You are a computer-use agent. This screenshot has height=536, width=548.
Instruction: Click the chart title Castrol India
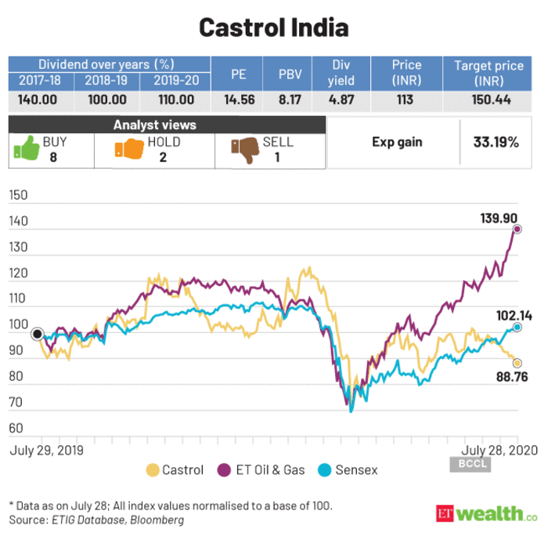pyautogui.click(x=273, y=27)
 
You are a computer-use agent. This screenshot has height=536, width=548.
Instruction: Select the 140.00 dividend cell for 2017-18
pyautogui.click(x=40, y=100)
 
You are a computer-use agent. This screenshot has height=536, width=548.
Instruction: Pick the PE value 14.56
pyautogui.click(x=240, y=100)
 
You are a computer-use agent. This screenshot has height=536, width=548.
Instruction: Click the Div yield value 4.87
pyautogui.click(x=341, y=100)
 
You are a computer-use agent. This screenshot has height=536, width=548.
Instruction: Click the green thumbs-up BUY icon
pyautogui.click(x=24, y=150)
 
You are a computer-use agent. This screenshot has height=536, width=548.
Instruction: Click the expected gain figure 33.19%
pyautogui.click(x=496, y=143)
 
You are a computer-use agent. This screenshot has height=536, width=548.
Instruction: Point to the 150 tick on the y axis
pyautogui.click(x=17, y=196)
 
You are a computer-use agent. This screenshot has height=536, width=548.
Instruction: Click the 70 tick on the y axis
pyautogui.click(x=17, y=402)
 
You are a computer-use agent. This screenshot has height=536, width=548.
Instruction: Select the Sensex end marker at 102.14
pyautogui.click(x=517, y=327)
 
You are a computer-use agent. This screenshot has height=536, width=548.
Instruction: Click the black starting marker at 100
pyautogui.click(x=37, y=334)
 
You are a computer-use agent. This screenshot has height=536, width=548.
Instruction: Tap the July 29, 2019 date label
pyautogui.click(x=45, y=451)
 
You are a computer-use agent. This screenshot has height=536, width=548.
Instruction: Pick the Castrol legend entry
pyautogui.click(x=175, y=470)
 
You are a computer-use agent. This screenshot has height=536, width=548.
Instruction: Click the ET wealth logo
pyautogui.click(x=487, y=513)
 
